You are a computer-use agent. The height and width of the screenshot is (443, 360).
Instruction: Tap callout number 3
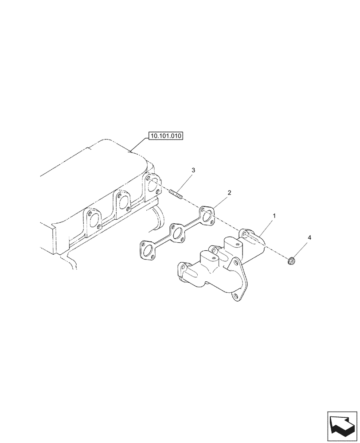click(x=193, y=170)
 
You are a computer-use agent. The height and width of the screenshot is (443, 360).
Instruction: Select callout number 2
click(x=229, y=193)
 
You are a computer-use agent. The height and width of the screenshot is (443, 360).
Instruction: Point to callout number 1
click(x=274, y=216)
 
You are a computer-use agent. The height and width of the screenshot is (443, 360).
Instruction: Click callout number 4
click(x=309, y=238)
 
